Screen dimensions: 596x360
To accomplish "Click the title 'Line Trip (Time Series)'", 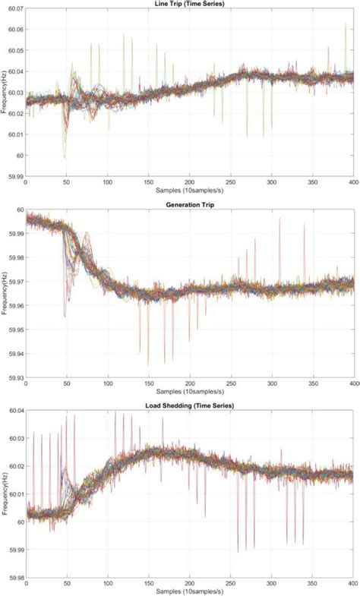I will coord(190,4).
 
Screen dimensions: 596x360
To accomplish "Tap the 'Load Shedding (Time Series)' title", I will coord(190,406).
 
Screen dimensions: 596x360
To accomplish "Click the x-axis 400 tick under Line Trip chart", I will coord(353,183).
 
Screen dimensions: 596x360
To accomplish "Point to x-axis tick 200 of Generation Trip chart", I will coord(190,383).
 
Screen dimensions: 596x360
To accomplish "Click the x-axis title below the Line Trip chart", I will coord(190,191).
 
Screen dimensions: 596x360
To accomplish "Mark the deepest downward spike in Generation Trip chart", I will coord(165,364).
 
